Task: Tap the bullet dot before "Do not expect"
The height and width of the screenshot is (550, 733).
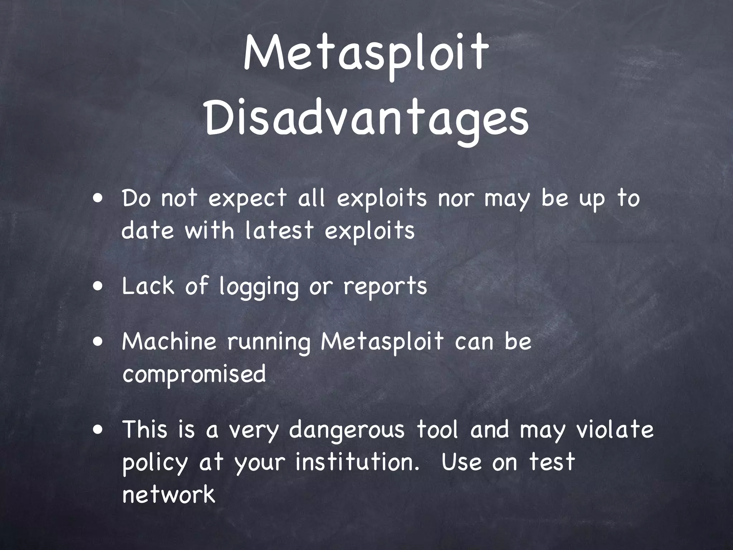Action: pyautogui.click(x=97, y=198)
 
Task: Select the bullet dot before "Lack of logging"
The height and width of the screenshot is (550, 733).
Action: pyautogui.click(x=97, y=286)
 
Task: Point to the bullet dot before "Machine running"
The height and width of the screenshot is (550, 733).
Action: pyautogui.click(x=97, y=341)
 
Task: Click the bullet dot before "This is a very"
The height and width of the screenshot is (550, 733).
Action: pyautogui.click(x=97, y=430)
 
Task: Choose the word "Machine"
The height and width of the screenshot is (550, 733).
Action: pyautogui.click(x=169, y=341)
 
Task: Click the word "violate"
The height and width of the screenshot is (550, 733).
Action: pyautogui.click(x=615, y=429)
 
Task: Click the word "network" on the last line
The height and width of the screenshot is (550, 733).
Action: pyautogui.click(x=169, y=495)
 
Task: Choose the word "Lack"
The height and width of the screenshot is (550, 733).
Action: pyautogui.click(x=147, y=286)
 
